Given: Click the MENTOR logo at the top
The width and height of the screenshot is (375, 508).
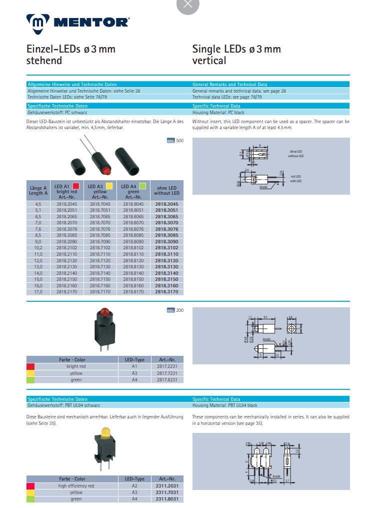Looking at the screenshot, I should pyautogui.click(x=78, y=22).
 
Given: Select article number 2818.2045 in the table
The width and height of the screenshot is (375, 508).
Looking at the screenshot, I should pyautogui.click(x=66, y=204).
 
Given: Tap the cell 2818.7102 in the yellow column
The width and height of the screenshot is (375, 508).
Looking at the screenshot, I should pyautogui.click(x=100, y=248).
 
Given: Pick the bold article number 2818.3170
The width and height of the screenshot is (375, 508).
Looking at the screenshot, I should pyautogui.click(x=166, y=291).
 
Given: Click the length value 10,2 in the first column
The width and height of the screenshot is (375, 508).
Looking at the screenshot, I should pyautogui.click(x=38, y=248).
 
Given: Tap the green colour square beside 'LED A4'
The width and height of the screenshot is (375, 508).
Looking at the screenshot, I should pyautogui.click(x=142, y=186).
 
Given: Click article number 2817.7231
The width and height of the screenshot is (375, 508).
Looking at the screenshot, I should pyautogui.click(x=167, y=373).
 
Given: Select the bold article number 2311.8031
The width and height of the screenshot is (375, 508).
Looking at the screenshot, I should pyautogui.click(x=167, y=499).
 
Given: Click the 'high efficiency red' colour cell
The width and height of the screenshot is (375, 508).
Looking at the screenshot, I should pyautogui.click(x=76, y=486).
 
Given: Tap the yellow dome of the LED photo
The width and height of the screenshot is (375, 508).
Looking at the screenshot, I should pyautogui.click(x=105, y=431).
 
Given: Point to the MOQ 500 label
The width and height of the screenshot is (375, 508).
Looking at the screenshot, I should pyautogui.click(x=175, y=141).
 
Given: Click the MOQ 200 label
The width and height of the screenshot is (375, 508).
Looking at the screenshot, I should pyautogui.click(x=175, y=310).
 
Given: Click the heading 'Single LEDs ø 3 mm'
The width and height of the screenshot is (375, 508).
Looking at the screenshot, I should pyautogui.click(x=236, y=49).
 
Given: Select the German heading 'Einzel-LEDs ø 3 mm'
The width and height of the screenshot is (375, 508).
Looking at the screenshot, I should pyautogui.click(x=70, y=49).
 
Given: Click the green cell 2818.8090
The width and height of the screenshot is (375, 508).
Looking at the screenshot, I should pyautogui.click(x=133, y=242).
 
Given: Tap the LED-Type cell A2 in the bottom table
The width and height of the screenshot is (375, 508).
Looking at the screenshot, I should pyautogui.click(x=134, y=486).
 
